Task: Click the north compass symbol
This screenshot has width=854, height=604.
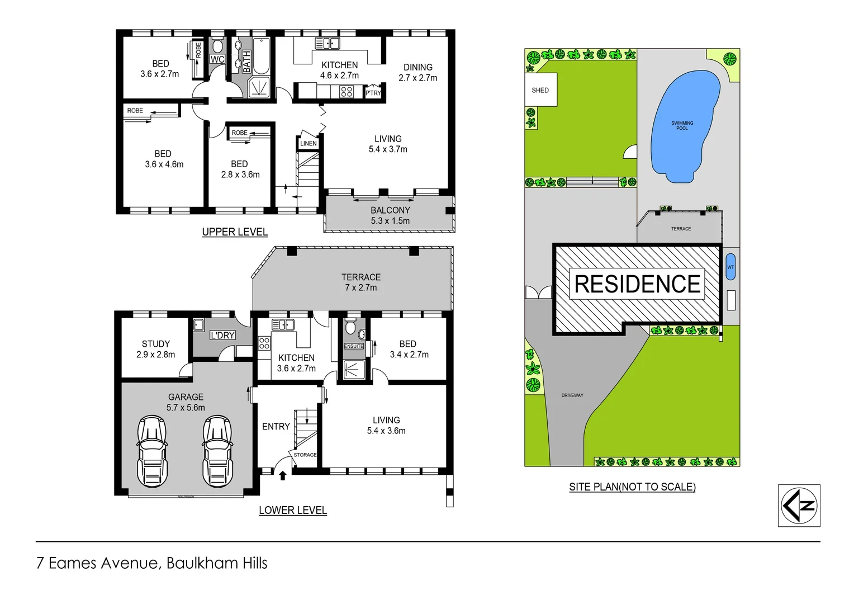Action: tap(799, 506)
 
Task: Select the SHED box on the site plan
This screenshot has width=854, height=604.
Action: tap(540, 90)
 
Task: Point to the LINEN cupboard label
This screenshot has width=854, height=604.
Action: tap(308, 144)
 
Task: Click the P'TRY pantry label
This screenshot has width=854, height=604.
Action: tap(373, 93)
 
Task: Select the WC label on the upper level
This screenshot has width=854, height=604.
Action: tap(217, 59)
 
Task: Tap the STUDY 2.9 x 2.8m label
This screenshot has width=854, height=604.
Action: tap(155, 349)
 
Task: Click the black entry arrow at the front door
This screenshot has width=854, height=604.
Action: tap(283, 475)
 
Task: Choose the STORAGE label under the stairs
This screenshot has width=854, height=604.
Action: tap(305, 455)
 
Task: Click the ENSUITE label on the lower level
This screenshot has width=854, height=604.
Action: tap(353, 346)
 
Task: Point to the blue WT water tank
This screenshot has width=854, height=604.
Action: tap(730, 267)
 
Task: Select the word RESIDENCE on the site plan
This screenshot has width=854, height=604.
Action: tap(637, 284)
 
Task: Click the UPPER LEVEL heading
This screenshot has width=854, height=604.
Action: tap(235, 232)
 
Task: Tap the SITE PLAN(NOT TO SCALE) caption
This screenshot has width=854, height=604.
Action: tap(632, 487)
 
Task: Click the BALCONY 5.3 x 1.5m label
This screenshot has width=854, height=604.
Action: tap(390, 215)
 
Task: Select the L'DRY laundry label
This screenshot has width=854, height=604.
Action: tap(222, 335)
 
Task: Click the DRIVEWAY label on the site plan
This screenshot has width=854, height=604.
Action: tap(572, 395)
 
